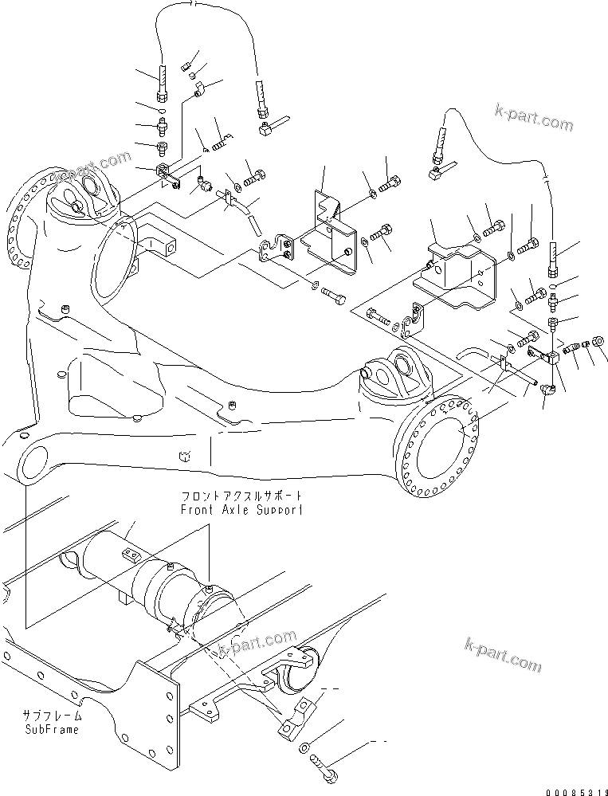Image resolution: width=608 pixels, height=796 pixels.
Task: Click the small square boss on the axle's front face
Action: pos(184,457)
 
